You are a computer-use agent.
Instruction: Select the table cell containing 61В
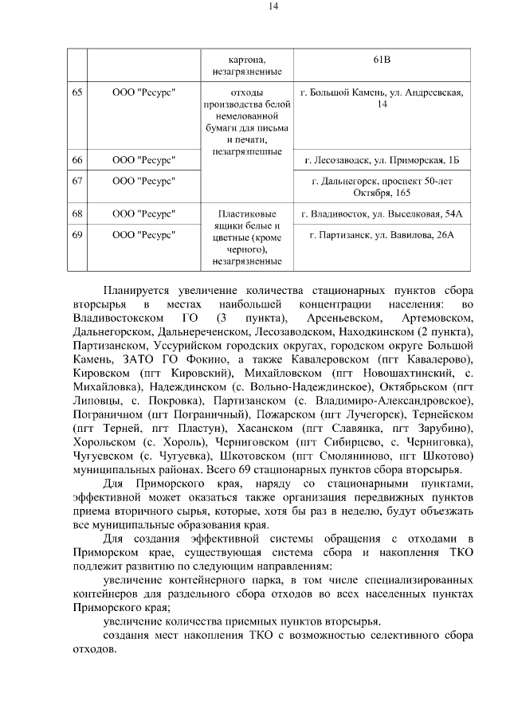[x=382, y=59]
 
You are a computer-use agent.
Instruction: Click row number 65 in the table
[x=76, y=92]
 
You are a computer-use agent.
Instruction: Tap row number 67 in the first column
[x=76, y=181]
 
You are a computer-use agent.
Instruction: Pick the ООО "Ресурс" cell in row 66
[x=143, y=161]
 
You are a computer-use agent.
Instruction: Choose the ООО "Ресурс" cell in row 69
[x=143, y=234]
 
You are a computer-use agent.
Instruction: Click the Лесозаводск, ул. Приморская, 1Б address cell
[x=382, y=161]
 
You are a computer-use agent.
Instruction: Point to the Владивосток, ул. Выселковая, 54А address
[x=382, y=214]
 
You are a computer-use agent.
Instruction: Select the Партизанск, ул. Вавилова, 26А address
[x=382, y=234]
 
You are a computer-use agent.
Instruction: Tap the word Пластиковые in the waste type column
[x=247, y=214]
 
